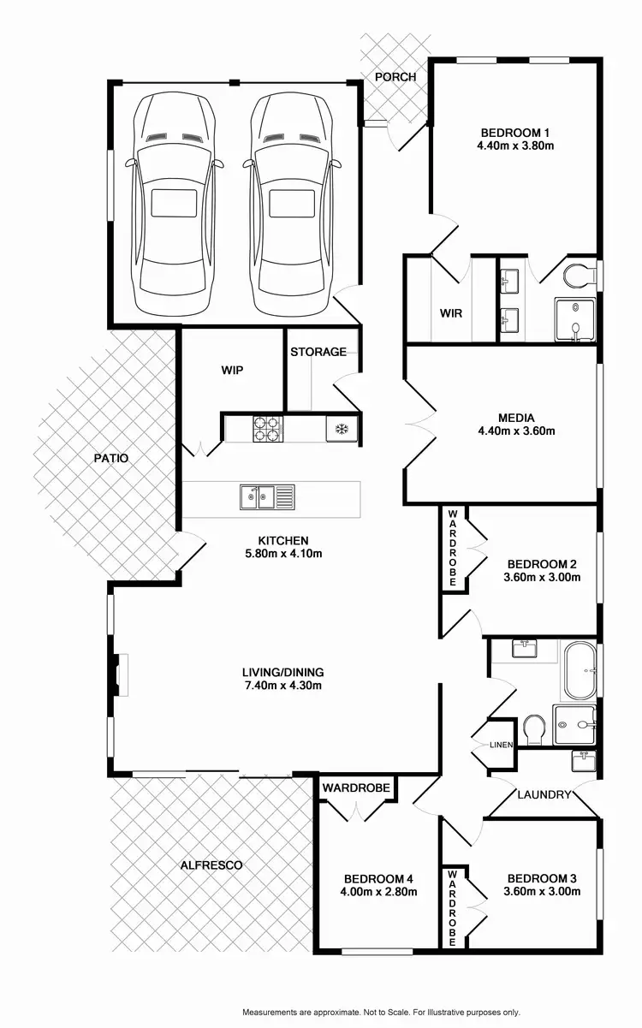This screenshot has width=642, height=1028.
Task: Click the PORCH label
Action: tap(395, 77)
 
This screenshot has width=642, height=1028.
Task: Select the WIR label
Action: tap(450, 313)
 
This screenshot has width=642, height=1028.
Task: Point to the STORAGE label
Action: tap(318, 352)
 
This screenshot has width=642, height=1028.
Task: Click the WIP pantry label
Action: tap(232, 371)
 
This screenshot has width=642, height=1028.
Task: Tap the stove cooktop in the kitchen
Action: tap(267, 428)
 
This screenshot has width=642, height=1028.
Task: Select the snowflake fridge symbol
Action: tap(341, 428)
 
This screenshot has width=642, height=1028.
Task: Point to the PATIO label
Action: tap(111, 458)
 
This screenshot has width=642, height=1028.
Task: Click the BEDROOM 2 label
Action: tap(542, 564)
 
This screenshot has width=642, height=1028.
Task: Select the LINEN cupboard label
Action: tap(500, 745)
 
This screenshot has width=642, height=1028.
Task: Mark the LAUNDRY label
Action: tap(544, 794)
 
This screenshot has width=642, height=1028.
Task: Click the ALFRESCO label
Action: tap(211, 865)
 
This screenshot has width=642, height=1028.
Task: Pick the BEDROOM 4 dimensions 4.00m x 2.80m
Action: tap(378, 892)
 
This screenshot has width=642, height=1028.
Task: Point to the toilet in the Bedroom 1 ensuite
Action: tap(580, 276)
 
